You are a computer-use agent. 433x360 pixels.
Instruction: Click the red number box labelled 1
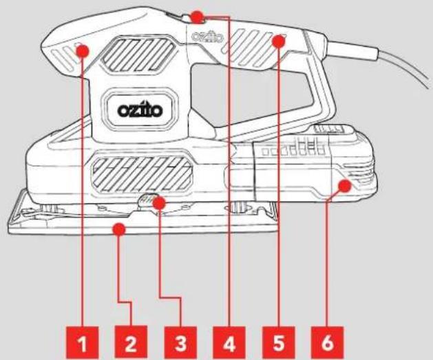coord(82,343)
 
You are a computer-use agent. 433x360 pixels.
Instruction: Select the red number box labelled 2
coord(131,343)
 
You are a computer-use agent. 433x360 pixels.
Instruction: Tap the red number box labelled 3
coord(180,343)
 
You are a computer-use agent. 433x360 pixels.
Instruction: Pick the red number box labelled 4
coord(229,343)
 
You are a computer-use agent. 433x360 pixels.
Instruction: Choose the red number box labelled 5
coord(278,343)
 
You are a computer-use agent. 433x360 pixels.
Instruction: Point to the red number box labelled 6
coord(327,343)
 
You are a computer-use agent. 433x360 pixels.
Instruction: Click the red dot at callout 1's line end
coord(83,51)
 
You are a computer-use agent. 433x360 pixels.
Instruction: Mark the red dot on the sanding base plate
coord(118,229)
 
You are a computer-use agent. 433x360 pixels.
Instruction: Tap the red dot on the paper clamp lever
coord(159,203)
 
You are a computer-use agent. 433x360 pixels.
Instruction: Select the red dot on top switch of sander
coord(198,17)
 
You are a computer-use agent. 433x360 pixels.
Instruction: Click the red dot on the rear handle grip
coord(278,41)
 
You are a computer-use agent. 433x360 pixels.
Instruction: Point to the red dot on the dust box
coord(345,186)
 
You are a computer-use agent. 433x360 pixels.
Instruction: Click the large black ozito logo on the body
coord(140,110)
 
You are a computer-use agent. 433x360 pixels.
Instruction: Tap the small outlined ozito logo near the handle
coord(207,36)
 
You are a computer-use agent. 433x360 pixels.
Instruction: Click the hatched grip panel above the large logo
coord(138,54)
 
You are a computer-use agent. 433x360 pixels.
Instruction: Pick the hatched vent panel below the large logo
coord(142,173)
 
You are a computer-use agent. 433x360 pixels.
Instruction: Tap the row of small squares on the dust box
coord(293,151)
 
